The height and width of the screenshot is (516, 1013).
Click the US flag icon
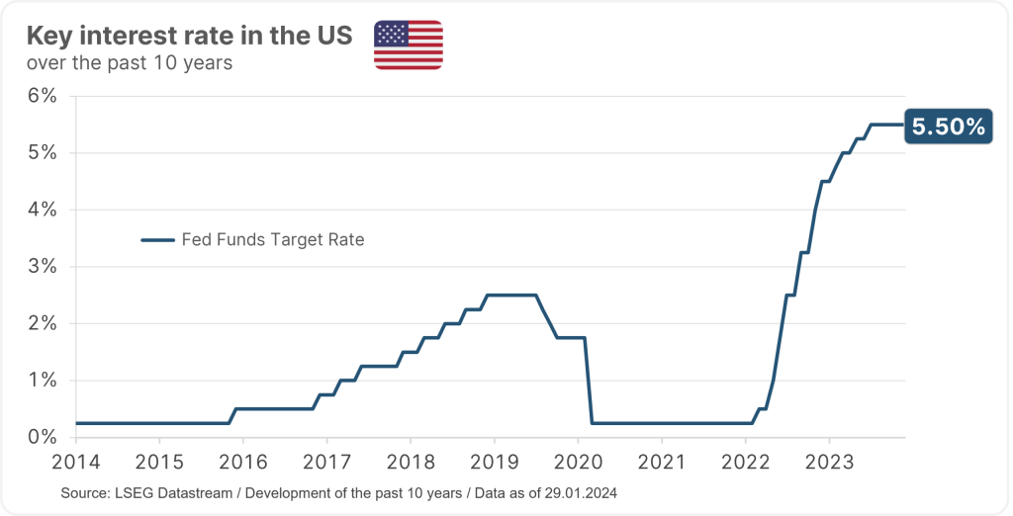click(x=408, y=44)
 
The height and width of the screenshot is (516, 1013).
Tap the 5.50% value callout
click(x=949, y=127)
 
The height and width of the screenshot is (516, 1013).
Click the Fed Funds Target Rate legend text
click(x=273, y=240)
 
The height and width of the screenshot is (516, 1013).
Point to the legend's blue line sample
click(x=157, y=240)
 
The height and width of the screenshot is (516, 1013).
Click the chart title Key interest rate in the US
click(x=189, y=38)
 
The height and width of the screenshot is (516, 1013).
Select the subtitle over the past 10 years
click(x=131, y=63)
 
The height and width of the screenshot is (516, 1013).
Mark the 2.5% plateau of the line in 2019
click(x=510, y=295)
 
